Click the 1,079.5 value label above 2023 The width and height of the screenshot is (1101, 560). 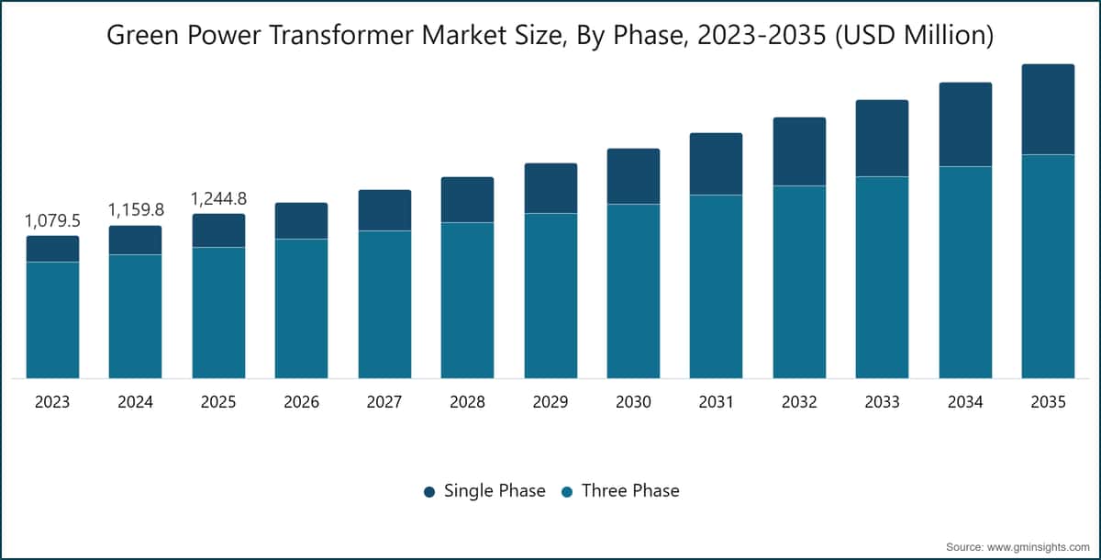coord(52,220)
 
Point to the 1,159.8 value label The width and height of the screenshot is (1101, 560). coord(136,210)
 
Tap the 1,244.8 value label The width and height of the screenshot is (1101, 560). coord(218,198)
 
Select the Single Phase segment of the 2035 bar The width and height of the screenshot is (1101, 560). coord(1048,109)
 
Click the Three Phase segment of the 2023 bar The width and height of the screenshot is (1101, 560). coord(52,320)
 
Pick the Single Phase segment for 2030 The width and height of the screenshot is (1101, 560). coord(634,176)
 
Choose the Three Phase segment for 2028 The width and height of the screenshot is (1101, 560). coord(467,300)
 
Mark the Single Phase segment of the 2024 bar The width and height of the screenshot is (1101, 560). coord(135,240)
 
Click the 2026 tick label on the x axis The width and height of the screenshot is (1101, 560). coord(301,402)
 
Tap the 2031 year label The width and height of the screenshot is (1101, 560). coord(717,402)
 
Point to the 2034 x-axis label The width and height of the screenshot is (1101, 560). coord(965,402)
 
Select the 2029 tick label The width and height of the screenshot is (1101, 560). coord(550,402)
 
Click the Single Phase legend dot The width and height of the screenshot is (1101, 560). coord(429,492)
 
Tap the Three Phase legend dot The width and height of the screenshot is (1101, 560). coord(567,492)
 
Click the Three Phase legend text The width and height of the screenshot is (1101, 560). coord(630,490)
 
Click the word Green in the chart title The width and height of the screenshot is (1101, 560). coord(142,35)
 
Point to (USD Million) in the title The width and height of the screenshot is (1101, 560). coord(914,36)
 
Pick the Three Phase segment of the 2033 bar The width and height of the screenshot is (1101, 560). coord(882,278)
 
